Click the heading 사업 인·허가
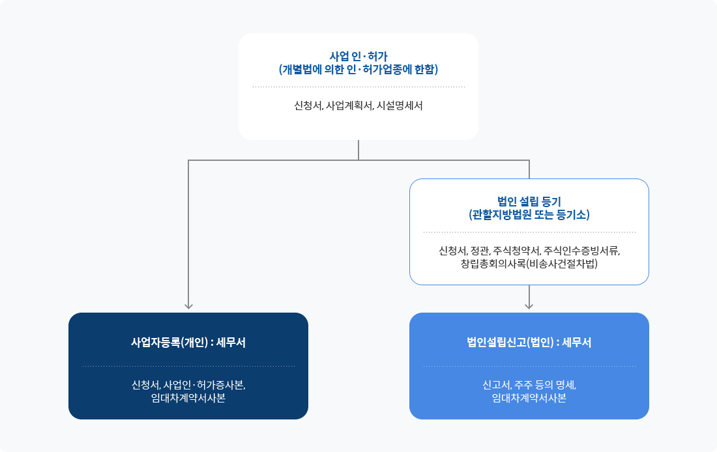tap(358, 56)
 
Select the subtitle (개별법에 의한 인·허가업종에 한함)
tap(358, 69)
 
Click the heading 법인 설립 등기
tap(529, 201)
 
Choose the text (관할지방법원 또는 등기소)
tap(529, 214)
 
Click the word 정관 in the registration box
tap(479, 251)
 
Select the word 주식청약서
tap(517, 251)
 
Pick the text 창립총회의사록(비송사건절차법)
tap(529, 264)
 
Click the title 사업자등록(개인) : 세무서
tap(188, 342)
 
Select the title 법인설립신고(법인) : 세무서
tap(529, 342)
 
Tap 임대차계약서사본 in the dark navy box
tap(188, 398)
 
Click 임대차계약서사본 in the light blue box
tap(529, 398)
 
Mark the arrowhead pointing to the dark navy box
tap(188, 305)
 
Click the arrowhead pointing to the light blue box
tap(529, 305)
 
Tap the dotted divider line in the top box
tap(358, 87)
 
